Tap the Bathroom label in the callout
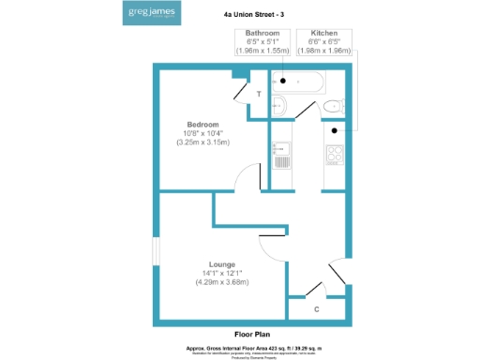pyautogui.click(x=262, y=34)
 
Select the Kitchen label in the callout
pyautogui.click(x=324, y=34)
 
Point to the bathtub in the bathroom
pyautogui.click(x=296, y=81)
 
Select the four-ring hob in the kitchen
pyautogui.click(x=335, y=151)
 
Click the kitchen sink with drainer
pyautogui.click(x=280, y=154)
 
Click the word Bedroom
pyautogui.click(x=202, y=125)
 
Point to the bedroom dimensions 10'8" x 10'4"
pyautogui.click(x=202, y=133)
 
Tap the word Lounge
pyautogui.click(x=221, y=264)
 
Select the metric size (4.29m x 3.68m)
pyautogui.click(x=221, y=282)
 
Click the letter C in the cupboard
pyautogui.click(x=316, y=308)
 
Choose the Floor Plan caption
pyautogui.click(x=253, y=333)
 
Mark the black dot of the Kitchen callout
pyautogui.click(x=333, y=130)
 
